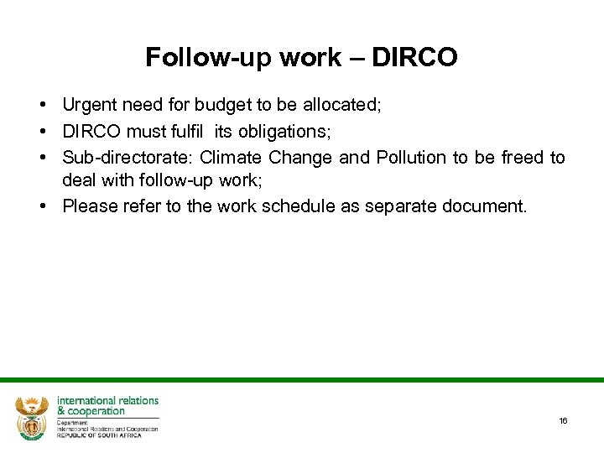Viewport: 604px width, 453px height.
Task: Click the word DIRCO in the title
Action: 414,57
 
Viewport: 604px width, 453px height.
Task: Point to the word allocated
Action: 333,105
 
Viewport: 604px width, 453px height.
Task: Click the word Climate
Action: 232,158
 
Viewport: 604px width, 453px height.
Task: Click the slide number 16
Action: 563,420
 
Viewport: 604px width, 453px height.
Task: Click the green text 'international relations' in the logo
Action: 107,400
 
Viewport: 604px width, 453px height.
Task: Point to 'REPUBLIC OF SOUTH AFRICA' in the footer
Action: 99,435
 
